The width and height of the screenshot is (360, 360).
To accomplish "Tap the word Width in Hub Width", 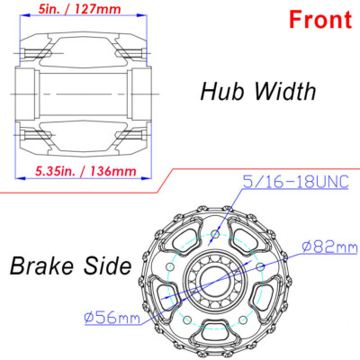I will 282,90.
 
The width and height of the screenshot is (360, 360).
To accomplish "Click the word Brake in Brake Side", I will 49,265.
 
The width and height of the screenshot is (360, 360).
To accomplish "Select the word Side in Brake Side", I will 111,265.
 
